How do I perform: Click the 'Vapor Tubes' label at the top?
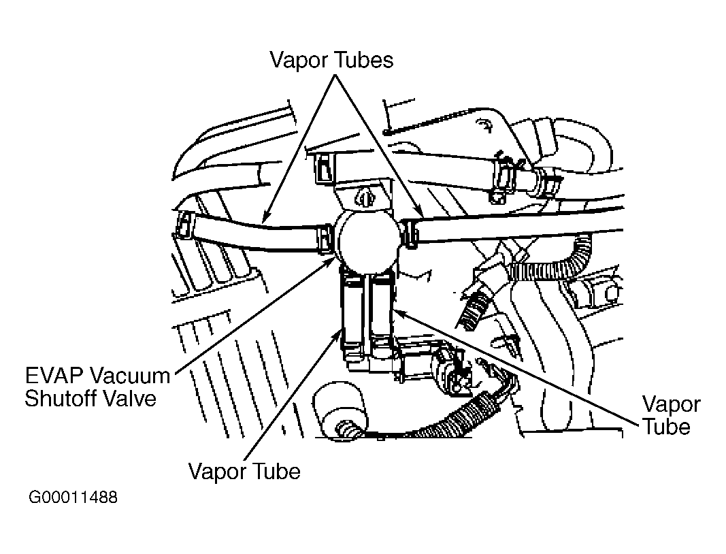(x=331, y=60)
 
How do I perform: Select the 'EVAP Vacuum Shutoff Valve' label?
(x=97, y=387)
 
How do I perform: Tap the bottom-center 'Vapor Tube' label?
(x=244, y=472)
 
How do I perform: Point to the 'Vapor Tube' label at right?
(x=671, y=415)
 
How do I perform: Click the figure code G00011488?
(x=73, y=498)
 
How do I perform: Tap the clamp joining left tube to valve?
(x=326, y=240)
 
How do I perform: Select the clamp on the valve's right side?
(x=410, y=233)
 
